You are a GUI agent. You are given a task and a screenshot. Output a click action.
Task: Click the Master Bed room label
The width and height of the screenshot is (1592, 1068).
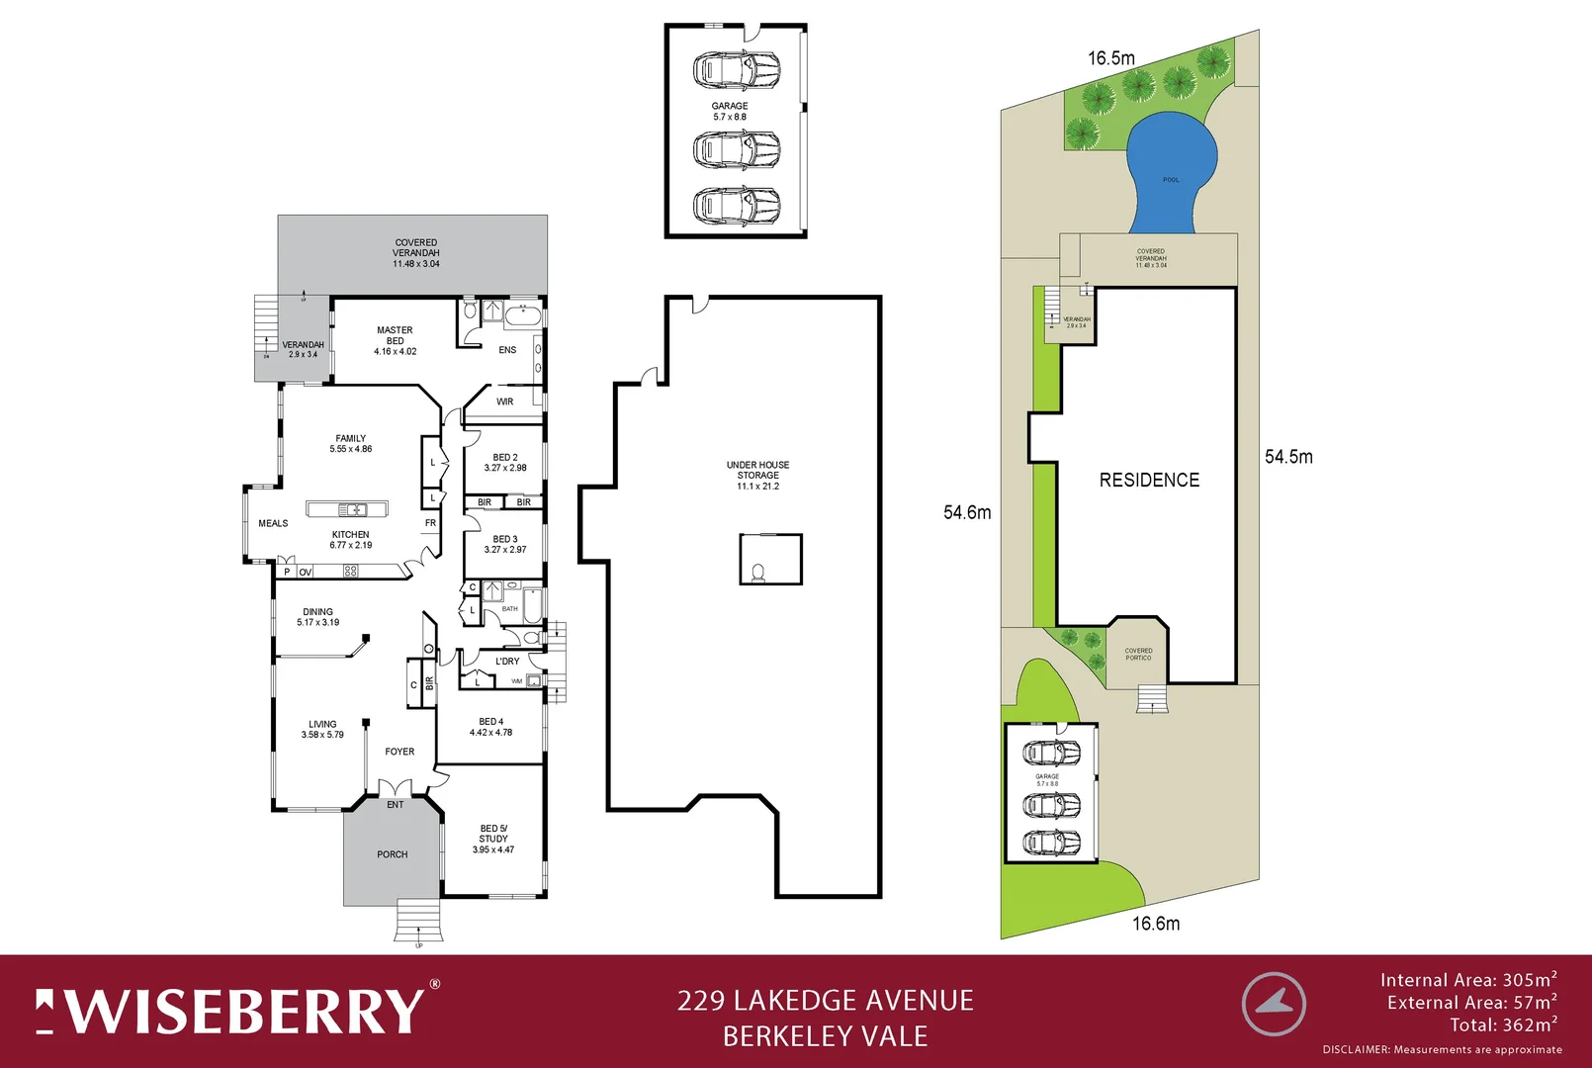395,336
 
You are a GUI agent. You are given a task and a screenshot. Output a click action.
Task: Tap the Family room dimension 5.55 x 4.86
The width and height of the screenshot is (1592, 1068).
351,449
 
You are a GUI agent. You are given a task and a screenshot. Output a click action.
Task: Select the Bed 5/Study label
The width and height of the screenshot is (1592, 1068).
493,834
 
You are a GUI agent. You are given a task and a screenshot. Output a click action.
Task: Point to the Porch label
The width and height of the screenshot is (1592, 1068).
393,854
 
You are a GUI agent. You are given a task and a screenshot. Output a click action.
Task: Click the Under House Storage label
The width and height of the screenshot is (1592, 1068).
757,470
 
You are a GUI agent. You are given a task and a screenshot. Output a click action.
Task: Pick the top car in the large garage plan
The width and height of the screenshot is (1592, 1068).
737,70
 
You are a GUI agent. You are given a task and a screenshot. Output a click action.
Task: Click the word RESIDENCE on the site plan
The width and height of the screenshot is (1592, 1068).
1149,481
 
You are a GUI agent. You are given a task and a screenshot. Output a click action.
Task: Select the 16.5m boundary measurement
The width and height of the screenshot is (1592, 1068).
1111,58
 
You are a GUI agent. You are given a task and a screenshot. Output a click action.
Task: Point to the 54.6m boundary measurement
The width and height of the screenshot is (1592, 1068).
966,512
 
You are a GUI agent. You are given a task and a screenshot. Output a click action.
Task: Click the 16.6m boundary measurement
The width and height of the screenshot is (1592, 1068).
1155,924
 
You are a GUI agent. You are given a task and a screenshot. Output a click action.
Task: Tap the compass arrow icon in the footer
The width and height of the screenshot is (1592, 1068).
1274,1004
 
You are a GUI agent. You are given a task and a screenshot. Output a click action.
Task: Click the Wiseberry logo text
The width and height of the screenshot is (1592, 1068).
238,1011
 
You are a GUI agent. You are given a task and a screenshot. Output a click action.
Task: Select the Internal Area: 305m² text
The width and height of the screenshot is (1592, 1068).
1467,980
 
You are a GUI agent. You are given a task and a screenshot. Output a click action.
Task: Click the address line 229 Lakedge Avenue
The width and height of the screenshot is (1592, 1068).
825,1001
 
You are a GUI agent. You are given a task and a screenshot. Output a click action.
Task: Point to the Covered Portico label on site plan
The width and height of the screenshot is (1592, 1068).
1138,654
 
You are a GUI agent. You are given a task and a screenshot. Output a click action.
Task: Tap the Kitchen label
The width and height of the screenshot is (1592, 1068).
350,535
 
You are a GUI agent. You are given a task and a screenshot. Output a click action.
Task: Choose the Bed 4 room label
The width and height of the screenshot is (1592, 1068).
490,722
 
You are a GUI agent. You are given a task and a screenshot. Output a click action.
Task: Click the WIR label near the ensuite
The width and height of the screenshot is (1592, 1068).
505,401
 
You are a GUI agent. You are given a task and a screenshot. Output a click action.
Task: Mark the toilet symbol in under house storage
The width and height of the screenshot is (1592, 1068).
758,573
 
